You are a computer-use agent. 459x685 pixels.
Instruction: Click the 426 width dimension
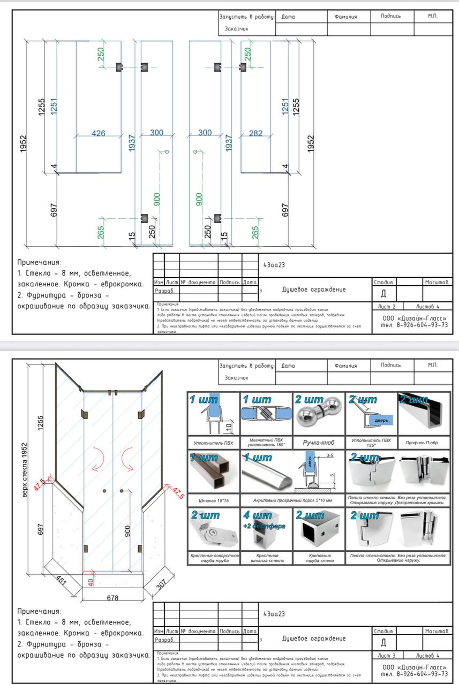(99, 133)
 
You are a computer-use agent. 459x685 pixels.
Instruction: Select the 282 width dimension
(256, 133)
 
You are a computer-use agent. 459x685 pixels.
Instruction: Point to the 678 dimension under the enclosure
(112, 598)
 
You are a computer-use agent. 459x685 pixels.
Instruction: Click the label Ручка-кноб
(319, 443)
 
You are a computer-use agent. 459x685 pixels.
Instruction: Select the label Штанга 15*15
(213, 500)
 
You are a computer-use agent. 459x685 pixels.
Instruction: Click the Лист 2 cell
(386, 307)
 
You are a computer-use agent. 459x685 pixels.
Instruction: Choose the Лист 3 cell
(386, 655)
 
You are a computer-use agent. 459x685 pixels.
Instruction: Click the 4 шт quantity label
(257, 515)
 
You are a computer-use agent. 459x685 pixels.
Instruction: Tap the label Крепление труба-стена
(319, 558)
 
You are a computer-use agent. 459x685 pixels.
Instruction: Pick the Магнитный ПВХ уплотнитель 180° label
(266, 442)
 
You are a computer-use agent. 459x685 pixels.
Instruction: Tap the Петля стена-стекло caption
(397, 558)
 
